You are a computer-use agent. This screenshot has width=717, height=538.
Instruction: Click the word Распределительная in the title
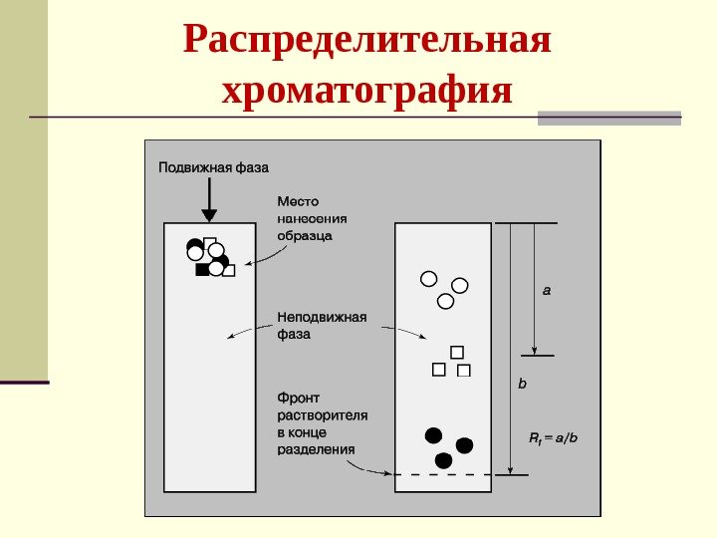tap(367, 42)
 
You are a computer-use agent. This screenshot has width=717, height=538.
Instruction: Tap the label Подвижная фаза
tap(213, 167)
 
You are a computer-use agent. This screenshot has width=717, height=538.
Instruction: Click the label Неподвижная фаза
tap(322, 326)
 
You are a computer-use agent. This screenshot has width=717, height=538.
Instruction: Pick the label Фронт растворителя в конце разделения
tap(323, 422)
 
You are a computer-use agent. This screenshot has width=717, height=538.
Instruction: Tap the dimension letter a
tap(546, 292)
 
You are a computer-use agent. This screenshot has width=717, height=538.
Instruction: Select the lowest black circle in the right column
tap(443, 459)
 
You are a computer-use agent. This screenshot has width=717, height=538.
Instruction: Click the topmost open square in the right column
tap(457, 351)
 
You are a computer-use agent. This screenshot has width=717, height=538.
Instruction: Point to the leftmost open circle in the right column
tap(428, 279)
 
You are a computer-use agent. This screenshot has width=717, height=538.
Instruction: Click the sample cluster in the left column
tap(209, 257)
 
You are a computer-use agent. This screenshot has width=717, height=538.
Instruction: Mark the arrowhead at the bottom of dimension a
tap(536, 350)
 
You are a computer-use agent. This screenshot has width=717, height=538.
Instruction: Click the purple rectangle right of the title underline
tap(609, 118)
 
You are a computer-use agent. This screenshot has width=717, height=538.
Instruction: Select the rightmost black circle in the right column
tap(464, 444)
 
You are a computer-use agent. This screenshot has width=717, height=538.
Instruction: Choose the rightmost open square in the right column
tap(463, 371)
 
